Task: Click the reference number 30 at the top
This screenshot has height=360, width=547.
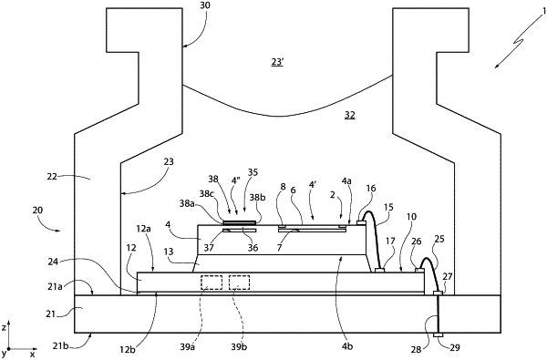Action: pyautogui.click(x=205, y=5)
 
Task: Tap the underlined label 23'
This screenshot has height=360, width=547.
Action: pyautogui.click(x=277, y=63)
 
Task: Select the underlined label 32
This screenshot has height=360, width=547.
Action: pyautogui.click(x=350, y=115)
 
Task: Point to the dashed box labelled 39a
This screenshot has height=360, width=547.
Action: pyautogui.click(x=212, y=283)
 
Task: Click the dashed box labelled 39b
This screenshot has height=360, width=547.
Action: pyautogui.click(x=239, y=283)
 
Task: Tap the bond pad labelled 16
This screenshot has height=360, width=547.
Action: pyautogui.click(x=361, y=221)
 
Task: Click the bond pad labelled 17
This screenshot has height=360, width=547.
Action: pyautogui.click(x=379, y=270)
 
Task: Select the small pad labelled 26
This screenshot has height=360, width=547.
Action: pyautogui.click(x=419, y=270)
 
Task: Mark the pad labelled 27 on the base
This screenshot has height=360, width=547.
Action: pyautogui.click(x=438, y=293)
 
